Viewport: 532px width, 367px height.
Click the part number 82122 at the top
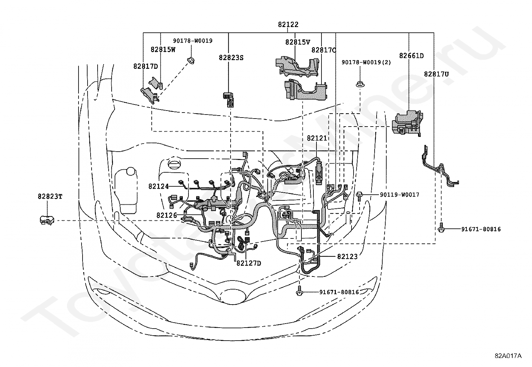click(x=288, y=24)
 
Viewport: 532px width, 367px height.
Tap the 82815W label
click(x=163, y=49)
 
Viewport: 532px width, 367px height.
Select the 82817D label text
click(x=146, y=66)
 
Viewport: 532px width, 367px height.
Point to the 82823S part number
click(x=231, y=58)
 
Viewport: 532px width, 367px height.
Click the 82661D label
click(x=411, y=56)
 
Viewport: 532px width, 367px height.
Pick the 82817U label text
click(x=436, y=74)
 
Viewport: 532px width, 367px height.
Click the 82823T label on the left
click(x=50, y=197)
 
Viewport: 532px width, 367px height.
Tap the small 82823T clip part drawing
click(x=47, y=220)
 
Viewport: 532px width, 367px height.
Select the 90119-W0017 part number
click(x=399, y=195)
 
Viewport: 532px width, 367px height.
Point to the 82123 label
click(x=347, y=256)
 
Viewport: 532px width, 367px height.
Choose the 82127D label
click(x=249, y=263)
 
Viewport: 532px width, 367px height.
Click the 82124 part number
click(x=158, y=186)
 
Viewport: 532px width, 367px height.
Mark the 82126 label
click(x=166, y=215)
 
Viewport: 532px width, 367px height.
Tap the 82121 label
click(x=317, y=138)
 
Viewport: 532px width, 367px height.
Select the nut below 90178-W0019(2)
click(x=360, y=84)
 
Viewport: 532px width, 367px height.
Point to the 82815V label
click(x=298, y=42)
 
